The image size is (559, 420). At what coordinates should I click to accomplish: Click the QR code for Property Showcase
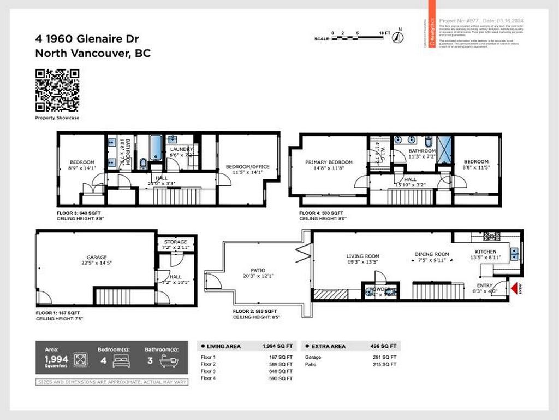pos(57,90)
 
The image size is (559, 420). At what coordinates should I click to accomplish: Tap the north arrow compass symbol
pos(400,37)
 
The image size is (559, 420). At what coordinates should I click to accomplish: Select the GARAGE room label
pos(97,257)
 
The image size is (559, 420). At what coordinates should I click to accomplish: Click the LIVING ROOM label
pos(363,256)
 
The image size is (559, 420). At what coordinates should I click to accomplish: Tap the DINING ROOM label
pos(432,254)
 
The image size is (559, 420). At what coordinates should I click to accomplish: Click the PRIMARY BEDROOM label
pos(329,162)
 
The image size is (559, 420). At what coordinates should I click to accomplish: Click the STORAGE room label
pos(176,242)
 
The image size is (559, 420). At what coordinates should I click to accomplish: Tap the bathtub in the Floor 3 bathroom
pos(156,148)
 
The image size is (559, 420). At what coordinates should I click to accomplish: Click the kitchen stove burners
pos(491,236)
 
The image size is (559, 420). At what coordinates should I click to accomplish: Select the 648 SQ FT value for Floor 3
pos(282,371)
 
